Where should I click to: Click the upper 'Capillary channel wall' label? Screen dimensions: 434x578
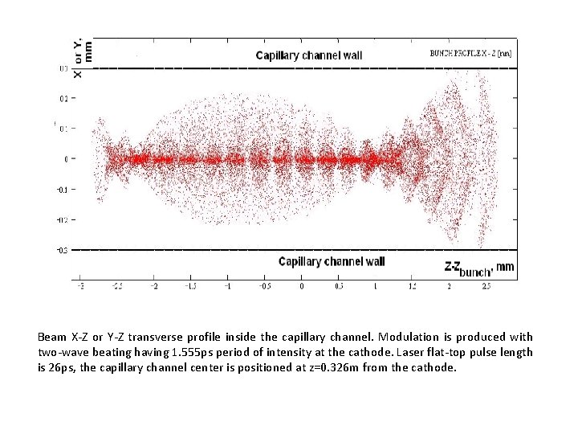pyautogui.click(x=309, y=55)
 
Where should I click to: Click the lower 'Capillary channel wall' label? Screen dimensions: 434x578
pyautogui.click(x=332, y=261)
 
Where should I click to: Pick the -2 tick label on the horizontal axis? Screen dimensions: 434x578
pyautogui.click(x=154, y=285)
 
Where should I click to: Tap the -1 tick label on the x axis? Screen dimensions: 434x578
pyautogui.click(x=228, y=285)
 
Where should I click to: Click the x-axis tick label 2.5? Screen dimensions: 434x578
pyautogui.click(x=486, y=285)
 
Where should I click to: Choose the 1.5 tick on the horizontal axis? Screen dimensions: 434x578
pyautogui.click(x=413, y=285)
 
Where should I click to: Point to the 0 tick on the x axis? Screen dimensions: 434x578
pyautogui.click(x=302, y=285)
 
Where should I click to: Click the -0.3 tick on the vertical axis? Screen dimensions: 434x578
pyautogui.click(x=61, y=250)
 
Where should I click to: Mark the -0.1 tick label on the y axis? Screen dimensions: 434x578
pyautogui.click(x=61, y=190)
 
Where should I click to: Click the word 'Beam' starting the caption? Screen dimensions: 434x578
pyautogui.click(x=53, y=338)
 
